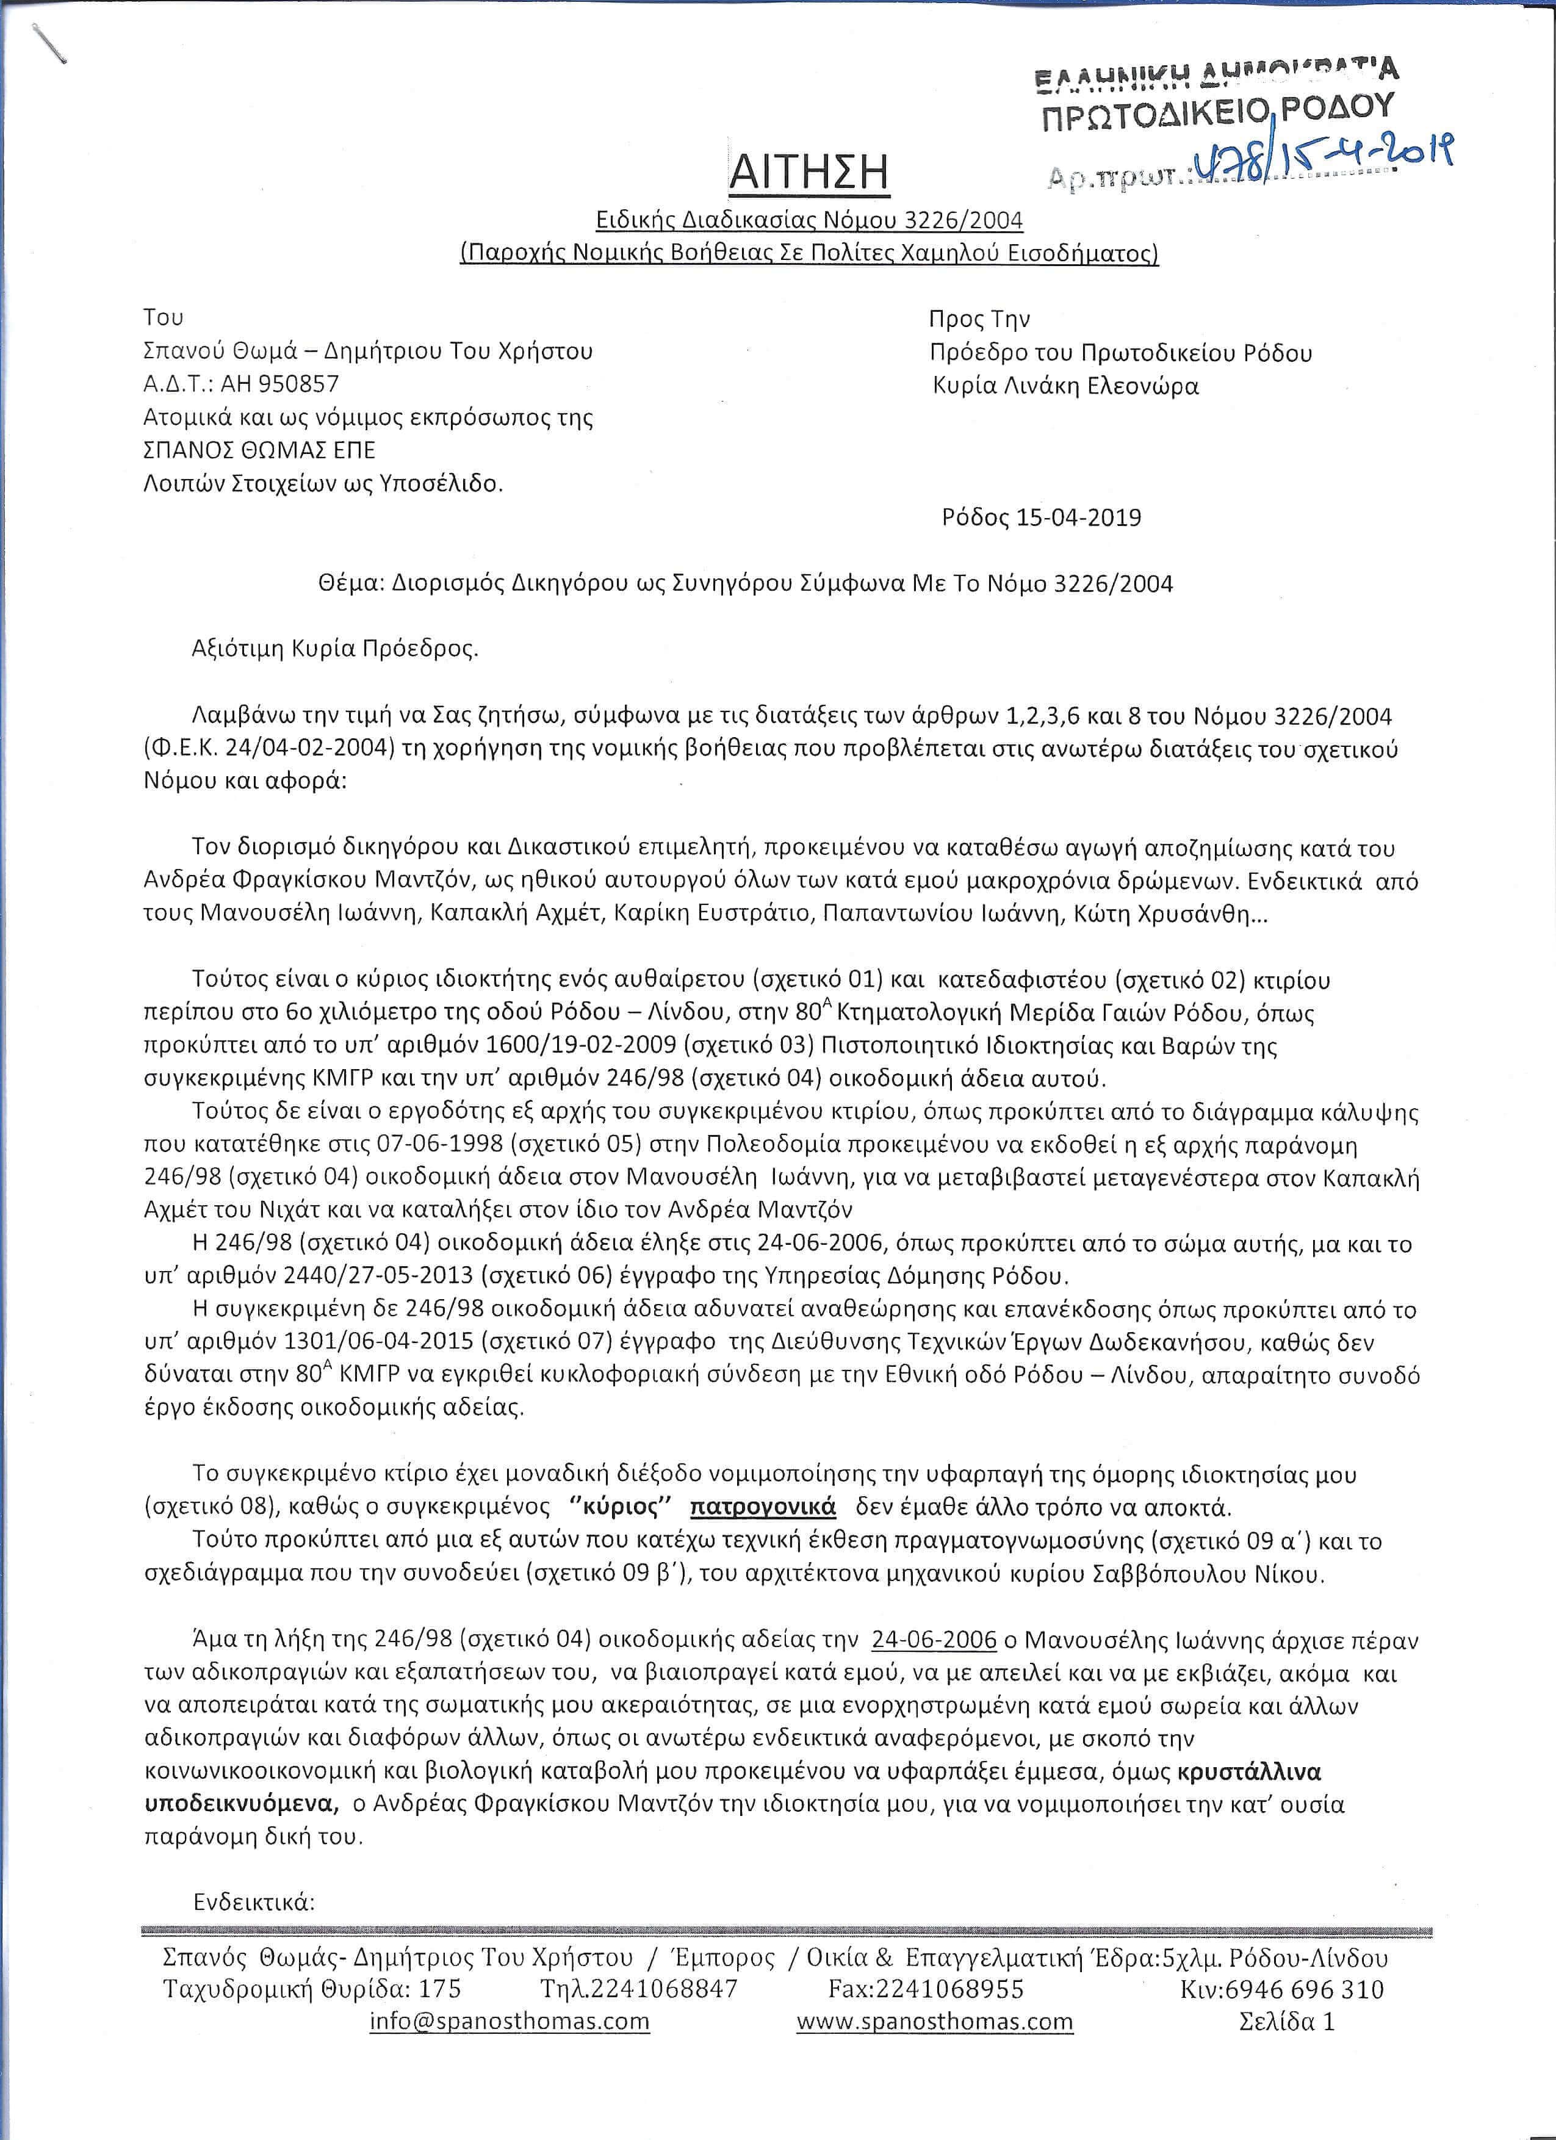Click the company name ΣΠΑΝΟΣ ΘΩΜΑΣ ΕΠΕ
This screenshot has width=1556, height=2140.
point(259,450)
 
